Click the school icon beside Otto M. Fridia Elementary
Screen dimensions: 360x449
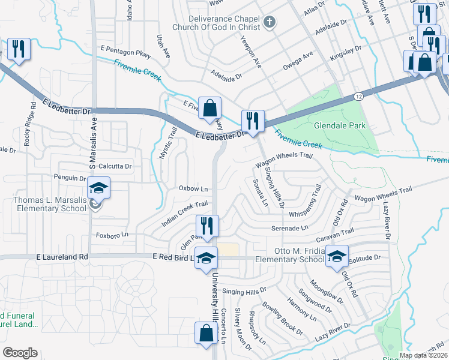337,257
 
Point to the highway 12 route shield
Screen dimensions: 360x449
358,96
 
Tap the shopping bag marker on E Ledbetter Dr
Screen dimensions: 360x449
209,109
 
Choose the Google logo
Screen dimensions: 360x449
20,353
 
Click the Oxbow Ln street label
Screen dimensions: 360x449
193,188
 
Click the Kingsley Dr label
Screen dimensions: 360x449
346,52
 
